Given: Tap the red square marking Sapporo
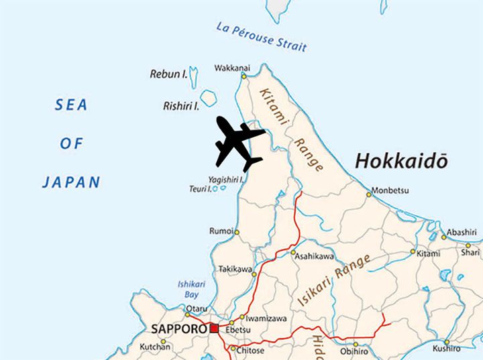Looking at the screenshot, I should click(x=214, y=328).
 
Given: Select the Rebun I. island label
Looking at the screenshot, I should click(x=168, y=74).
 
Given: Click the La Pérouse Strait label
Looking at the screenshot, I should click(x=262, y=37).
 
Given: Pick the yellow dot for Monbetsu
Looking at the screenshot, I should click(x=368, y=195).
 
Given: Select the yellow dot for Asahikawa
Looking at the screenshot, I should click(x=293, y=253).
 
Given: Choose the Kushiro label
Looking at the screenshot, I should click(x=446, y=349).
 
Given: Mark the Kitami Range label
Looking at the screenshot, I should click(x=290, y=131).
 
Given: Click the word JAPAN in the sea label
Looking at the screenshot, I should click(x=70, y=182).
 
